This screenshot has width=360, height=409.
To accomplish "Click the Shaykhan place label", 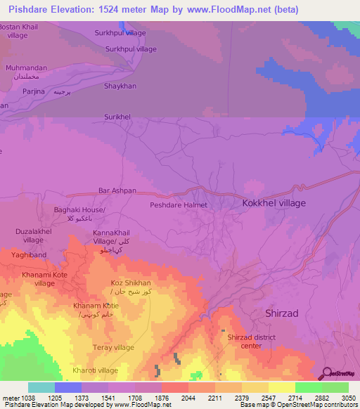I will [x=120, y=86].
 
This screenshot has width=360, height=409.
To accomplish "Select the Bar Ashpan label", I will [x=117, y=190].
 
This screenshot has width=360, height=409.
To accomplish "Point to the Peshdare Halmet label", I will [x=179, y=205].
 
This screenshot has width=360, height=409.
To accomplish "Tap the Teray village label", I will [x=113, y=347].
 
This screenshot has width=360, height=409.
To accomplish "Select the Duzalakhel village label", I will [x=29, y=235].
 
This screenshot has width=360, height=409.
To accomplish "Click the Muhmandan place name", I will [x=26, y=67].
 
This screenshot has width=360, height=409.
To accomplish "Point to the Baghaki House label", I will [x=79, y=210].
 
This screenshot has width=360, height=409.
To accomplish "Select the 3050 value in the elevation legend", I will [x=348, y=398].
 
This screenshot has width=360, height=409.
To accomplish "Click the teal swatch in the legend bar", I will [x=41, y=387].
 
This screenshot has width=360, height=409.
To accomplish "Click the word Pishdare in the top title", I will [x=29, y=10].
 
